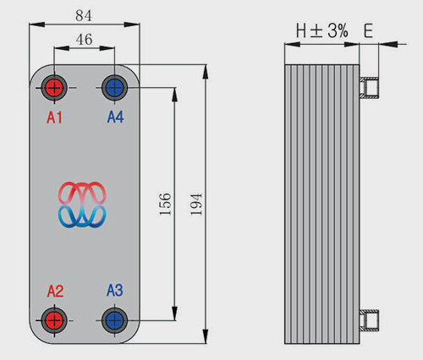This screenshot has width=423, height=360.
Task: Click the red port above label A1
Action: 54,88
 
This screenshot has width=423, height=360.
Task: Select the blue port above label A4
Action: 114,88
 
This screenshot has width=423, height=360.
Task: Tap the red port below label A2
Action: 54,320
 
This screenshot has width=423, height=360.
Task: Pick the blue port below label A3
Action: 114,320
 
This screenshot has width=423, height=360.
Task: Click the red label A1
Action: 54,117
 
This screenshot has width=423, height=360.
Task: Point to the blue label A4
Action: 115,117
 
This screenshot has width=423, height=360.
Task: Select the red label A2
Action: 55,291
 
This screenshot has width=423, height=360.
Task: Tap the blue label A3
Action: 115,291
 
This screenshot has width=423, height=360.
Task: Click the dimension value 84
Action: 84,16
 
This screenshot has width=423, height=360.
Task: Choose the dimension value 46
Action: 84,40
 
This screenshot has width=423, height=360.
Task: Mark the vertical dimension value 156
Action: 165,205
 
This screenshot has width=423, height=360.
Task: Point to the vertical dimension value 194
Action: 196,205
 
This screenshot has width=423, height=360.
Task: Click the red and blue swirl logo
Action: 82,205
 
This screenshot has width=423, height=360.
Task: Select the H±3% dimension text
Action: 322,30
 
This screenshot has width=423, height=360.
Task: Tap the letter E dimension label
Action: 368,30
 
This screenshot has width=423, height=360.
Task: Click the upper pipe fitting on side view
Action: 369,87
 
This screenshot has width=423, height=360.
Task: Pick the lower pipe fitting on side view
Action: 369,320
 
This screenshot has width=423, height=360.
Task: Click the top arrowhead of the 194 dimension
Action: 206,72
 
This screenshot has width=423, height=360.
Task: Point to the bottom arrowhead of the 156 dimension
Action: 175,313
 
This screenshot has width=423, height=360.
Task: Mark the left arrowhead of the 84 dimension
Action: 37,25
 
